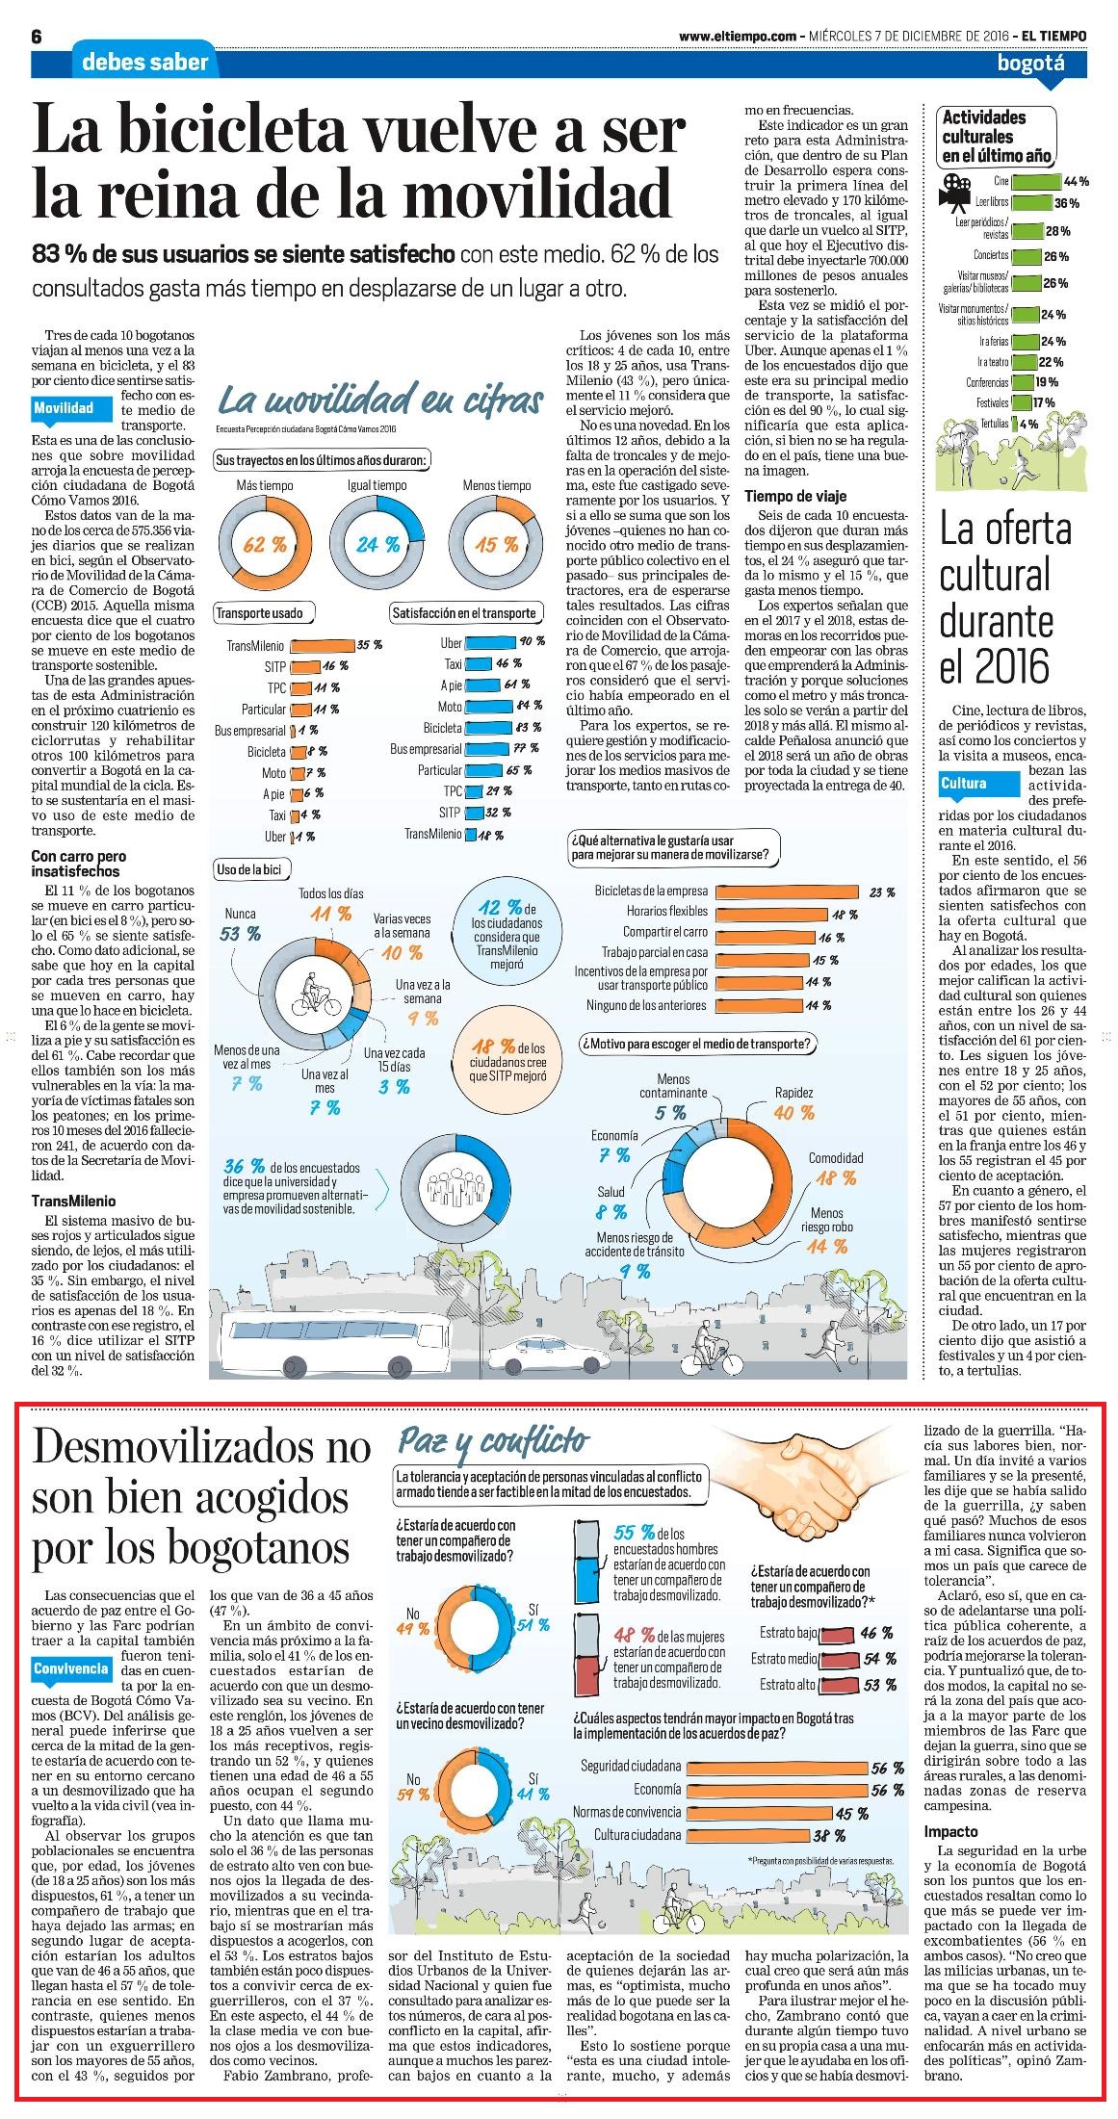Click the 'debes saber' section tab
pos(144,63)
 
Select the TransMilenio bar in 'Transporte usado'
pos(323,645)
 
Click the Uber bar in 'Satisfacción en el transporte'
pos(490,642)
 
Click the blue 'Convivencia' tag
pos(71,1667)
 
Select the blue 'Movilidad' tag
pos(64,408)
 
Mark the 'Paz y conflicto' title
pos(492,1441)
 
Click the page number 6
pos(38,37)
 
